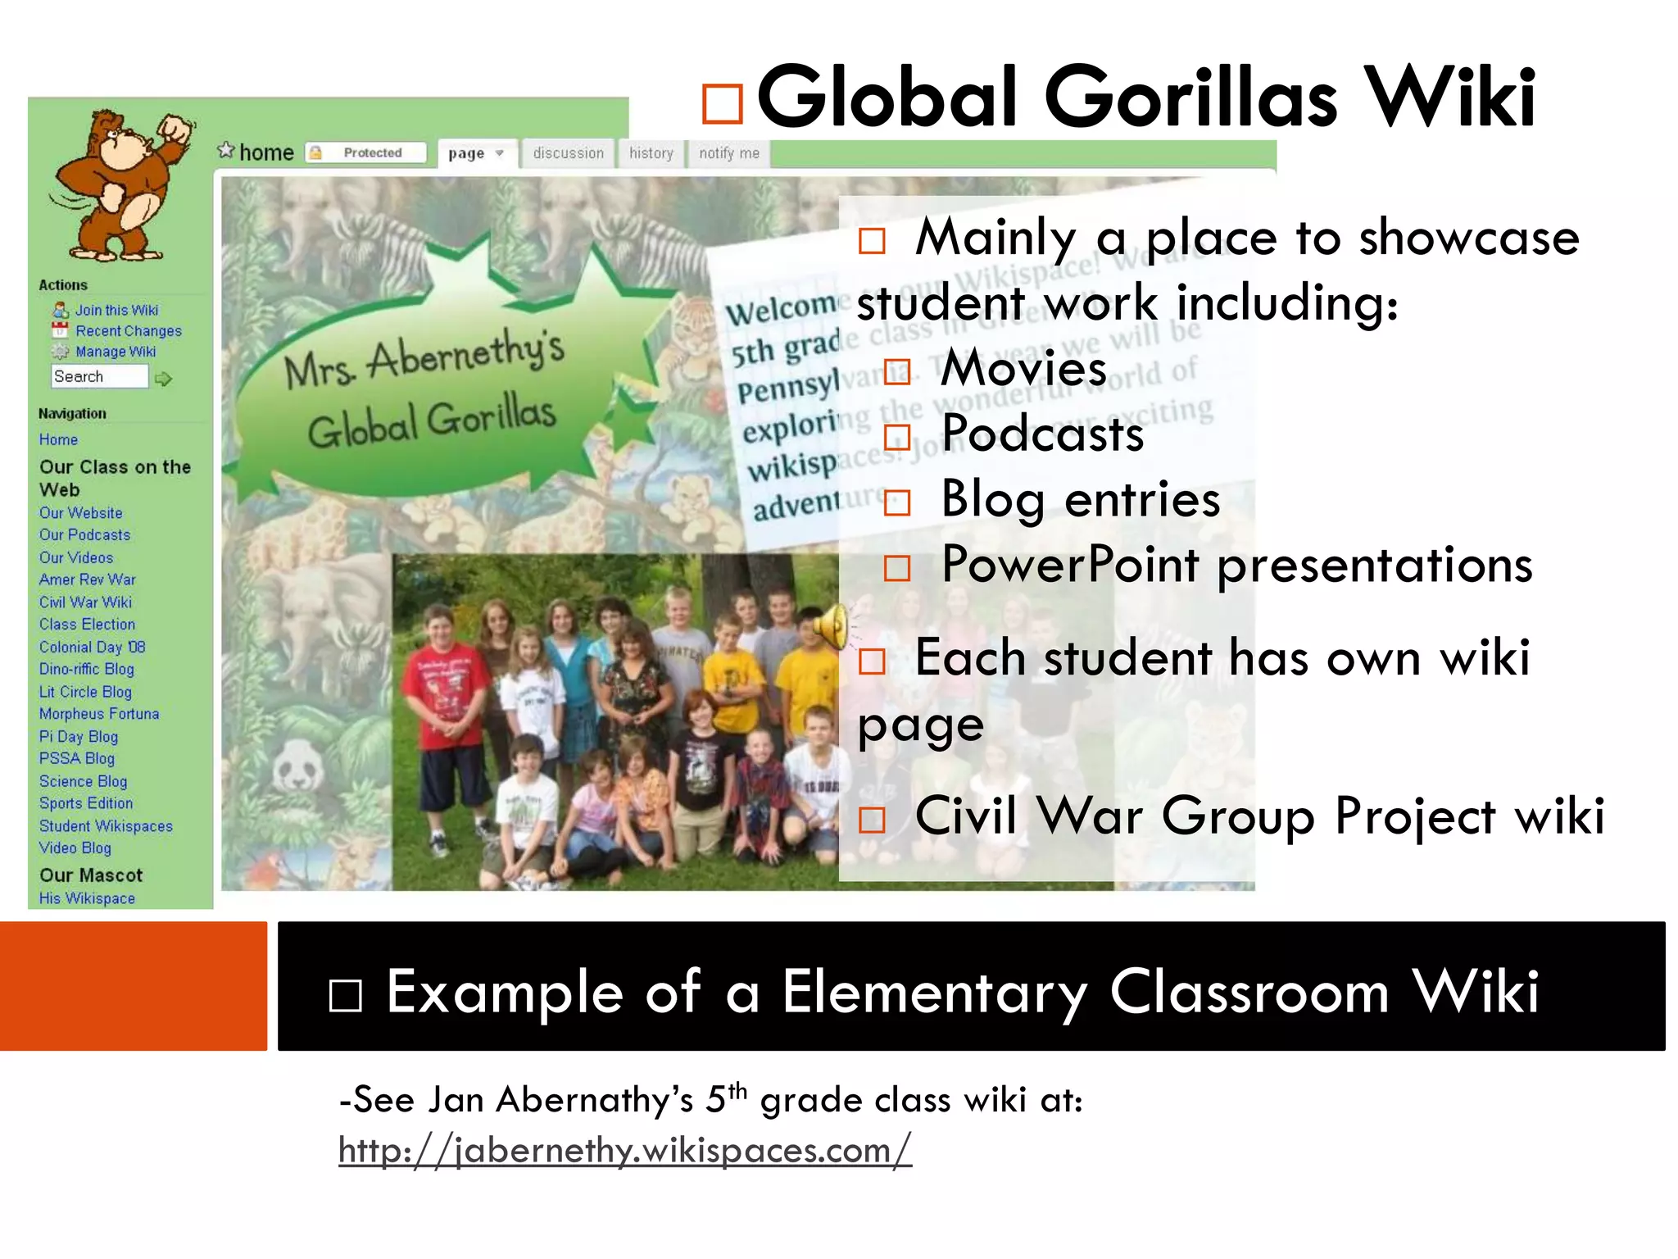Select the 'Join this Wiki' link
click(x=116, y=310)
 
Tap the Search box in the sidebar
click(x=99, y=376)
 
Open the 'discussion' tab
click(x=568, y=153)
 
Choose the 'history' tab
click(x=651, y=153)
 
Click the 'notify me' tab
click(x=728, y=153)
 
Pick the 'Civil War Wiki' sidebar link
click(x=85, y=602)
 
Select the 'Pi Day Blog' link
click(x=79, y=736)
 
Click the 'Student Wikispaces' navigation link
click(x=106, y=825)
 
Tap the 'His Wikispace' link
click(x=87, y=898)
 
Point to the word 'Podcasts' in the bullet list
click(x=1042, y=433)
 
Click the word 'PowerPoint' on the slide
click(x=1070, y=564)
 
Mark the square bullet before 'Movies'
click(x=897, y=372)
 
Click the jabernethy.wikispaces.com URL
click(x=624, y=1150)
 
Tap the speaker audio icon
click(x=831, y=626)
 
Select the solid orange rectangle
click(x=134, y=985)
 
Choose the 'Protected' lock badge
click(x=365, y=152)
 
